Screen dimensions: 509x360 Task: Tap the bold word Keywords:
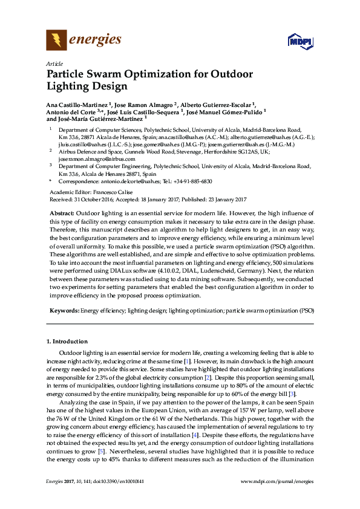pos(64,310)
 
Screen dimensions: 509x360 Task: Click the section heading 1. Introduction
pos(67,342)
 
